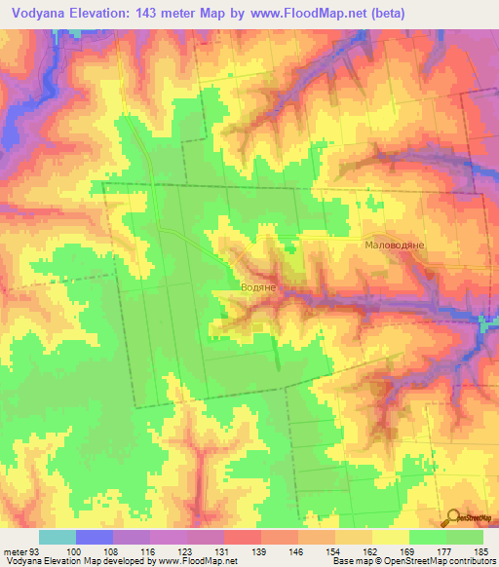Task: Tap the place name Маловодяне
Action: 395,246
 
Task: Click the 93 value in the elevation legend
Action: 33,550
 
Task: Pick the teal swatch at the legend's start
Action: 58,537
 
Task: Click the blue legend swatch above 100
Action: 95,537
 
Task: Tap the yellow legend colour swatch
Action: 391,537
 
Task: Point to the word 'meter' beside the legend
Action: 14,550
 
